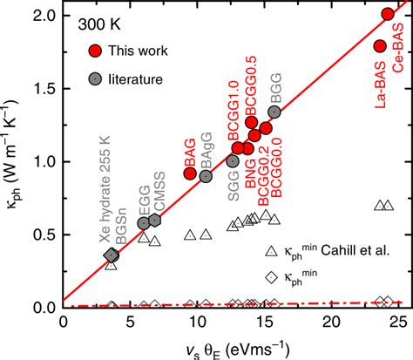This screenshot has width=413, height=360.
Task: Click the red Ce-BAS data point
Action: (388, 14)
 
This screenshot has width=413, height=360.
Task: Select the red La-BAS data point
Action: (380, 46)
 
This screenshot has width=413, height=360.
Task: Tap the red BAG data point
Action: (190, 173)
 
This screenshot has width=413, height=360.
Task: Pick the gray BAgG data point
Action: (206, 176)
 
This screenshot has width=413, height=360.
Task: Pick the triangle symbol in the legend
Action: (271, 252)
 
